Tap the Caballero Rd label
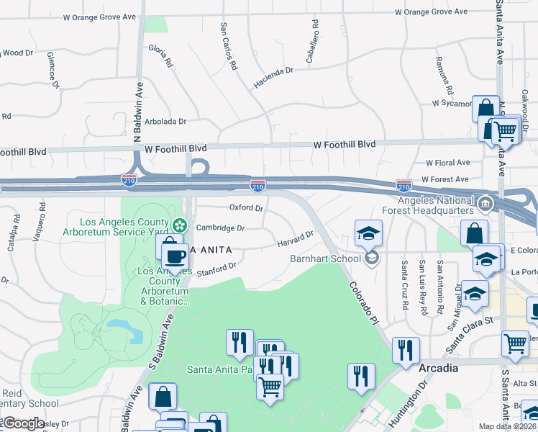click(x=311, y=46)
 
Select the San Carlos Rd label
click(x=229, y=45)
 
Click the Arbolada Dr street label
click(x=165, y=122)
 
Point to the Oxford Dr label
click(x=246, y=207)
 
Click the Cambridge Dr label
click(x=221, y=228)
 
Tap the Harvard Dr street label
click(x=296, y=238)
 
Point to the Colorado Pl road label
click(x=364, y=297)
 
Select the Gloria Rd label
click(x=160, y=56)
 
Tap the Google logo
click(x=24, y=423)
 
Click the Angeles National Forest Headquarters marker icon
click(x=485, y=204)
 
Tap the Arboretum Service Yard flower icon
click(x=180, y=226)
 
